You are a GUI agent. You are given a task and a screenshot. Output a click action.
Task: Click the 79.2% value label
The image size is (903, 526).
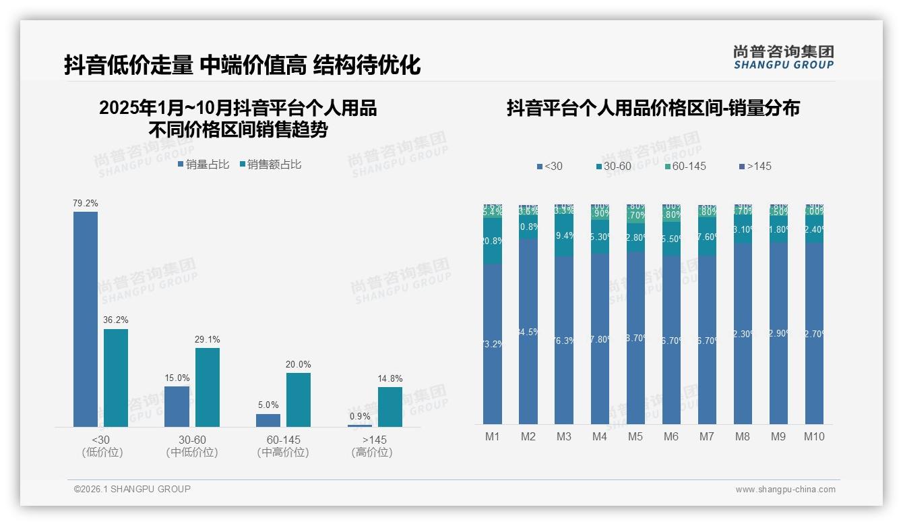coord(86,203)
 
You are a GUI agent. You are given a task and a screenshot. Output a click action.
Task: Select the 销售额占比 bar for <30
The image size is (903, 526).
coord(116,378)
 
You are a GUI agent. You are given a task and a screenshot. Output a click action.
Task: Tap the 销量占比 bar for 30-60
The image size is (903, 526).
coord(177,406)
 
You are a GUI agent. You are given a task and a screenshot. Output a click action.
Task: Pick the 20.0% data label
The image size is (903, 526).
coord(299,365)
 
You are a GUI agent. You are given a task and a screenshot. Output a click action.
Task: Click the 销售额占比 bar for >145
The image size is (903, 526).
coord(390,407)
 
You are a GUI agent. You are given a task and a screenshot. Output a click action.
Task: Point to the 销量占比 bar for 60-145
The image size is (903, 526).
coord(268,420)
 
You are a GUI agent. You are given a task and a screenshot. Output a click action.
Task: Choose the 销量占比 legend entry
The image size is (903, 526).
coord(204,165)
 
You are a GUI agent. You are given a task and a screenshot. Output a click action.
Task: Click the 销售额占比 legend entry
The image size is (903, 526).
coord(270,165)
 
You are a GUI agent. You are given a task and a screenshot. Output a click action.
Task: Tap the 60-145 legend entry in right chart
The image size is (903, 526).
coord(685,166)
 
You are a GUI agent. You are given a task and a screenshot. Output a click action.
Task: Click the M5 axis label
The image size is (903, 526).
coord(635,436)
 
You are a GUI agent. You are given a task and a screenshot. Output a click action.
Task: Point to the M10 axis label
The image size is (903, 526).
coord(814,436)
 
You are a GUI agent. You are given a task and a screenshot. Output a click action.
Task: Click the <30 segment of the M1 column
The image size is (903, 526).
coord(493,343)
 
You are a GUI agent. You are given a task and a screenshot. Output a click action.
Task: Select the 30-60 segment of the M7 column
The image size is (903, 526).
coord(707,236)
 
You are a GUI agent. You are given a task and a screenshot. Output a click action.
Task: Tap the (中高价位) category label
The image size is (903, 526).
coord(283,452)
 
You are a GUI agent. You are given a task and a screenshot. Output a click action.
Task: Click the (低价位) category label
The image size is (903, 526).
coord(102,452)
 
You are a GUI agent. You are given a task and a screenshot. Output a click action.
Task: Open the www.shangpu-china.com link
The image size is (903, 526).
coord(785,490)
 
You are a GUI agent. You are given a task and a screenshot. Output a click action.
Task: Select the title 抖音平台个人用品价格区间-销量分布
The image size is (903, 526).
coord(653,109)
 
